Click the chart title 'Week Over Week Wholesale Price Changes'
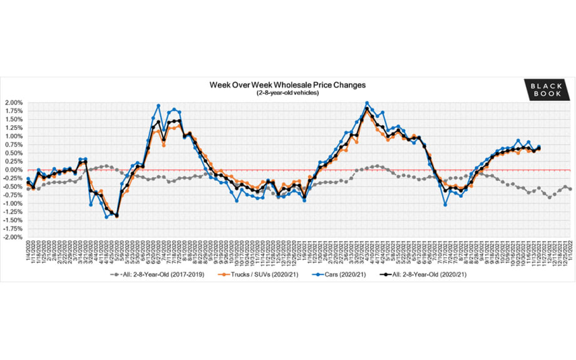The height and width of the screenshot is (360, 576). click(288, 85)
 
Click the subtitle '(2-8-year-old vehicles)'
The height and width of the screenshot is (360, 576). click(287, 92)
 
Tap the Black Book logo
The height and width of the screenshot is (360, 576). click(548, 89)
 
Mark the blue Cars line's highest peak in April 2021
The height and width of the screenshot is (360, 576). click(367, 103)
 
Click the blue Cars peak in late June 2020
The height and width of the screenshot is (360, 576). click(158, 106)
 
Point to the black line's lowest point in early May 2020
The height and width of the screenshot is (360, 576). click(117, 215)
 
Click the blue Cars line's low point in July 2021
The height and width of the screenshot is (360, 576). click(445, 204)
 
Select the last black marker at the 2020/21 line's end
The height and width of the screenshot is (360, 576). click(539, 148)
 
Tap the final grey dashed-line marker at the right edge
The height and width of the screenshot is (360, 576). click(570, 189)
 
